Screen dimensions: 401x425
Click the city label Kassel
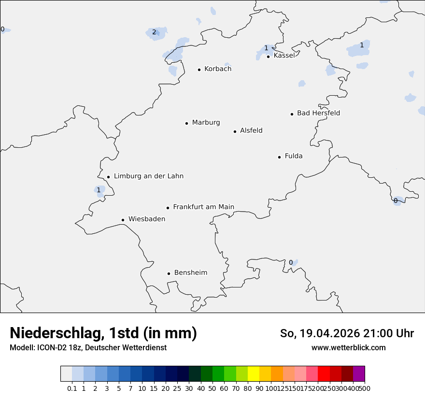[x=284, y=56]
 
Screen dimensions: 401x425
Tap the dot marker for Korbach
[x=199, y=70]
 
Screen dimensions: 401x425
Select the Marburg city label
[x=206, y=123]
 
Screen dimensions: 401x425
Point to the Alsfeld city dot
[x=235, y=131]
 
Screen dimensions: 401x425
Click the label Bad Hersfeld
[x=318, y=114]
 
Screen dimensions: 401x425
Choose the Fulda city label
[x=294, y=156]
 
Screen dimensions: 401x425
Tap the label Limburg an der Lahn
[x=149, y=176]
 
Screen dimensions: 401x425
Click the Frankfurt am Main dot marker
[x=168, y=208]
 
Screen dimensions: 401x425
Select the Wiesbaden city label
[x=147, y=219]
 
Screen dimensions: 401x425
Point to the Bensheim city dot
[x=169, y=273]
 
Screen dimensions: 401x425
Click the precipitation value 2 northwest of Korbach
[x=154, y=32]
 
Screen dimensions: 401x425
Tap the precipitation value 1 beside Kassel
[x=266, y=48]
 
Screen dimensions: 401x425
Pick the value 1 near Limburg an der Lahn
[x=99, y=190]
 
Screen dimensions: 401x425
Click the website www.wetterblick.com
[x=348, y=348]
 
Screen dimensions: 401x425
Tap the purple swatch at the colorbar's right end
[x=359, y=374]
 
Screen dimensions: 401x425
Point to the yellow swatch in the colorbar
[x=254, y=374]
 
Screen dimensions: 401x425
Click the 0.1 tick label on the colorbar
[x=72, y=388]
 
